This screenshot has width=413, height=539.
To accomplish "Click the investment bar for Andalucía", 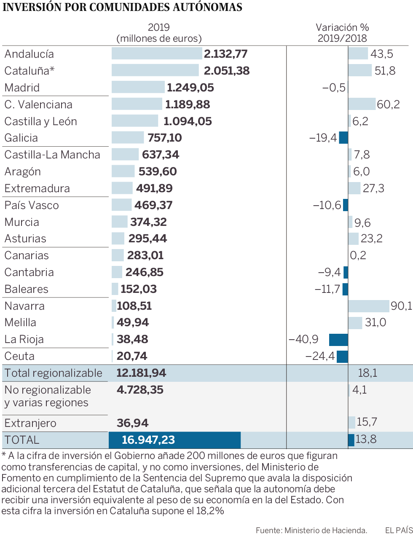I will pos(157,54).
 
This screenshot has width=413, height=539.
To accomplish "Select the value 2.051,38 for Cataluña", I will pos(227,70).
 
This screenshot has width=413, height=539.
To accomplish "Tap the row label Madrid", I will pos(22,88).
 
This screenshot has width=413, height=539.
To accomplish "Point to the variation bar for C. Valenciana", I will pos(362,104).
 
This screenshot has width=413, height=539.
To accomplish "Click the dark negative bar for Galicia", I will pos(343,137).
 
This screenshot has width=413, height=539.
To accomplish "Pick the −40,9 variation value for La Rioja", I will pos(303,339).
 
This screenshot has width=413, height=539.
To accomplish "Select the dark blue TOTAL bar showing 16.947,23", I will pos(174,440).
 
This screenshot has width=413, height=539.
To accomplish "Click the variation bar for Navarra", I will pos(368,306).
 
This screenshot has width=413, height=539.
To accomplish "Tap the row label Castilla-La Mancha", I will pos(52,155).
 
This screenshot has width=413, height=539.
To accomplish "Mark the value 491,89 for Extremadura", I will pos(154,188).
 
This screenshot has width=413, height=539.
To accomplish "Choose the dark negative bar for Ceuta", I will pos(342,357).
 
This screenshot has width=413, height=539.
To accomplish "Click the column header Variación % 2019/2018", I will pos(342,33).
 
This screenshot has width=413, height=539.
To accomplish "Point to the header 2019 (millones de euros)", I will pos(159,33).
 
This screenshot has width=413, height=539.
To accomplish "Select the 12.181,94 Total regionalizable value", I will pos(141,373).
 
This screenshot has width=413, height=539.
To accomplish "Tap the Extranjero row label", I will pos(30,423).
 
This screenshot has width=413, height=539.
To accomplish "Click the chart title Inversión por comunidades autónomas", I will pos(122,7).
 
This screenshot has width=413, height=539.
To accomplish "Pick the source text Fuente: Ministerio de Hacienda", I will pos(311,530).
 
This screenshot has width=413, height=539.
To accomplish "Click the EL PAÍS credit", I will pos(399,530).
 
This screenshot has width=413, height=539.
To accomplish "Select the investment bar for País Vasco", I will pos(122,205).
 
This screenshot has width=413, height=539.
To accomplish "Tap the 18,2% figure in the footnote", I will pos(210,511).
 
